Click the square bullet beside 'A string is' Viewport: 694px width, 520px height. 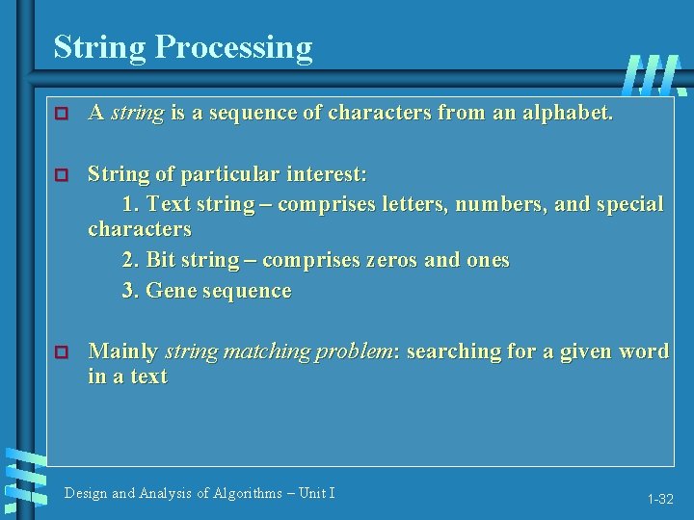63,114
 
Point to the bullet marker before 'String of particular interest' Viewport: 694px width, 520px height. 63,175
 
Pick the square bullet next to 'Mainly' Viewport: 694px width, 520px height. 63,352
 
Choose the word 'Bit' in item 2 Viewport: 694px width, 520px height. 161,260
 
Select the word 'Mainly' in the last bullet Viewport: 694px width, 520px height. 123,351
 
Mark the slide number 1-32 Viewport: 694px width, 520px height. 660,499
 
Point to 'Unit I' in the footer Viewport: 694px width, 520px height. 317,493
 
